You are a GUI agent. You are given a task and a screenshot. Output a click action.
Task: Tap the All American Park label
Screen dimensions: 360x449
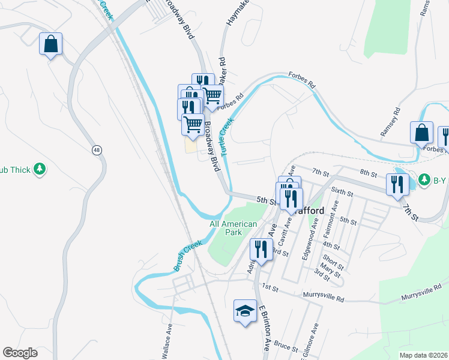234,228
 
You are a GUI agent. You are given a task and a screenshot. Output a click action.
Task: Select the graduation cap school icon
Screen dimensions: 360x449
245,311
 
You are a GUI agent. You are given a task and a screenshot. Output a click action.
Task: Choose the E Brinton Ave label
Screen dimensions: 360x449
264,330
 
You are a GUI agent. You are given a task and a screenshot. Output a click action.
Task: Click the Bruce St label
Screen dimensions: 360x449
286,346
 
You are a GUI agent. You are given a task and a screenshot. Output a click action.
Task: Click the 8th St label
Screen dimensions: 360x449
367,173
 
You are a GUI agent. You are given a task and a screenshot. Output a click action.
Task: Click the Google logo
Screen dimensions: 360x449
20,353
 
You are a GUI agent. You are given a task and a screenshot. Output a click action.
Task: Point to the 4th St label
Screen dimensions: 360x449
331,245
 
